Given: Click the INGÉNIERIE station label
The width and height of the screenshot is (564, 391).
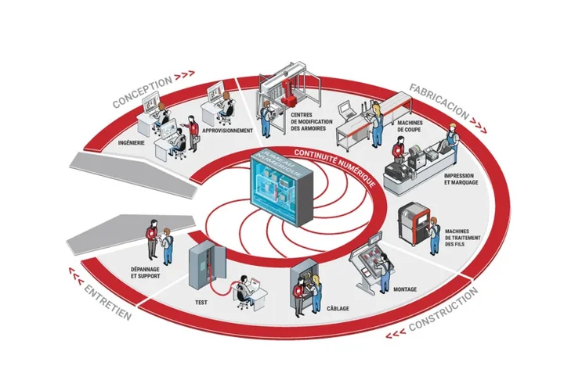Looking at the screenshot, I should (x=129, y=143).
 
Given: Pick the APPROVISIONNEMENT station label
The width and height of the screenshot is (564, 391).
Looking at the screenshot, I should (x=227, y=131).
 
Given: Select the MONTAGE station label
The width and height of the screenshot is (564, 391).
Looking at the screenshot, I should (x=405, y=290).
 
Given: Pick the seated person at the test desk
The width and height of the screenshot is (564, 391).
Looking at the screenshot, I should (x=245, y=287).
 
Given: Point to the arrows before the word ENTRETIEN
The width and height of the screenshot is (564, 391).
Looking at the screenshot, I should (x=76, y=273).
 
